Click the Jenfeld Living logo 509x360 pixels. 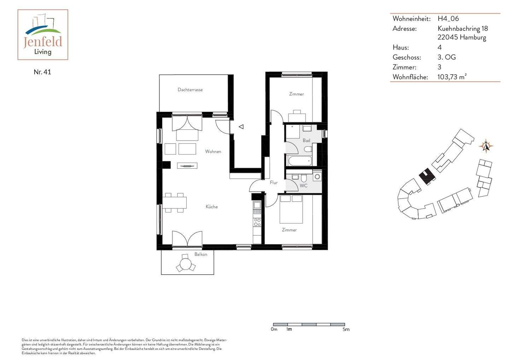point(43,35)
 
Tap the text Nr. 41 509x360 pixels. point(42,72)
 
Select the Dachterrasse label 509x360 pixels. point(190,90)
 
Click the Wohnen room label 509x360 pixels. point(213,151)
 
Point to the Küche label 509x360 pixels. point(212,207)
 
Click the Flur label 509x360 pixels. point(274,182)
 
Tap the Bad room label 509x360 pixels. point(306,140)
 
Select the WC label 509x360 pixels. point(303,185)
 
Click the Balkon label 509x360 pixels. point(201,254)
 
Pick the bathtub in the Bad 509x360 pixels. point(300,161)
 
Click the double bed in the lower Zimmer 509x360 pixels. point(291,209)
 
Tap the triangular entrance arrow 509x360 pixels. point(241,127)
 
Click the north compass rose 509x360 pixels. point(486,146)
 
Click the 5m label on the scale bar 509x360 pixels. point(346,330)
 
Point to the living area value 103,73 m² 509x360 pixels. point(452,77)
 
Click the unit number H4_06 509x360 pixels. point(448,19)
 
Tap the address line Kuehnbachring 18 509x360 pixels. point(462,29)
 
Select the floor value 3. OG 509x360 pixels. point(446,57)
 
